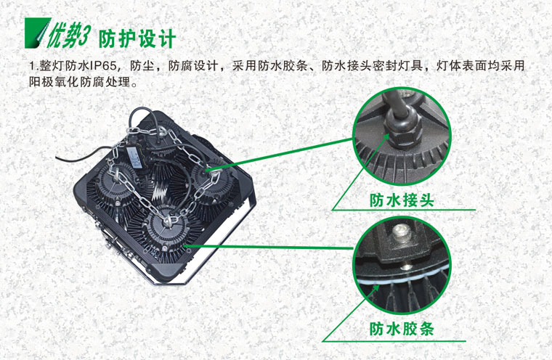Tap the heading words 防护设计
(137, 38)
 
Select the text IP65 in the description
(103, 66)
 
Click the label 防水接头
(402, 200)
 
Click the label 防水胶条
(402, 329)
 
